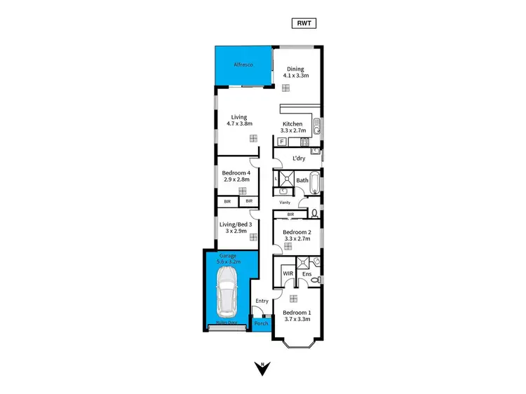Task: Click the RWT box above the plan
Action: click(x=303, y=23)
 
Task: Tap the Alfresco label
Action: click(x=243, y=65)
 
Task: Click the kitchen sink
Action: click(x=317, y=127)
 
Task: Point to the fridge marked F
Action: click(x=281, y=142)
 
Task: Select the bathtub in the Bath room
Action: click(x=315, y=184)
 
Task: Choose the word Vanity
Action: click(x=285, y=202)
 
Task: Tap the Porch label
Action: click(x=262, y=324)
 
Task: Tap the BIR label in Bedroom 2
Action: click(x=290, y=214)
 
